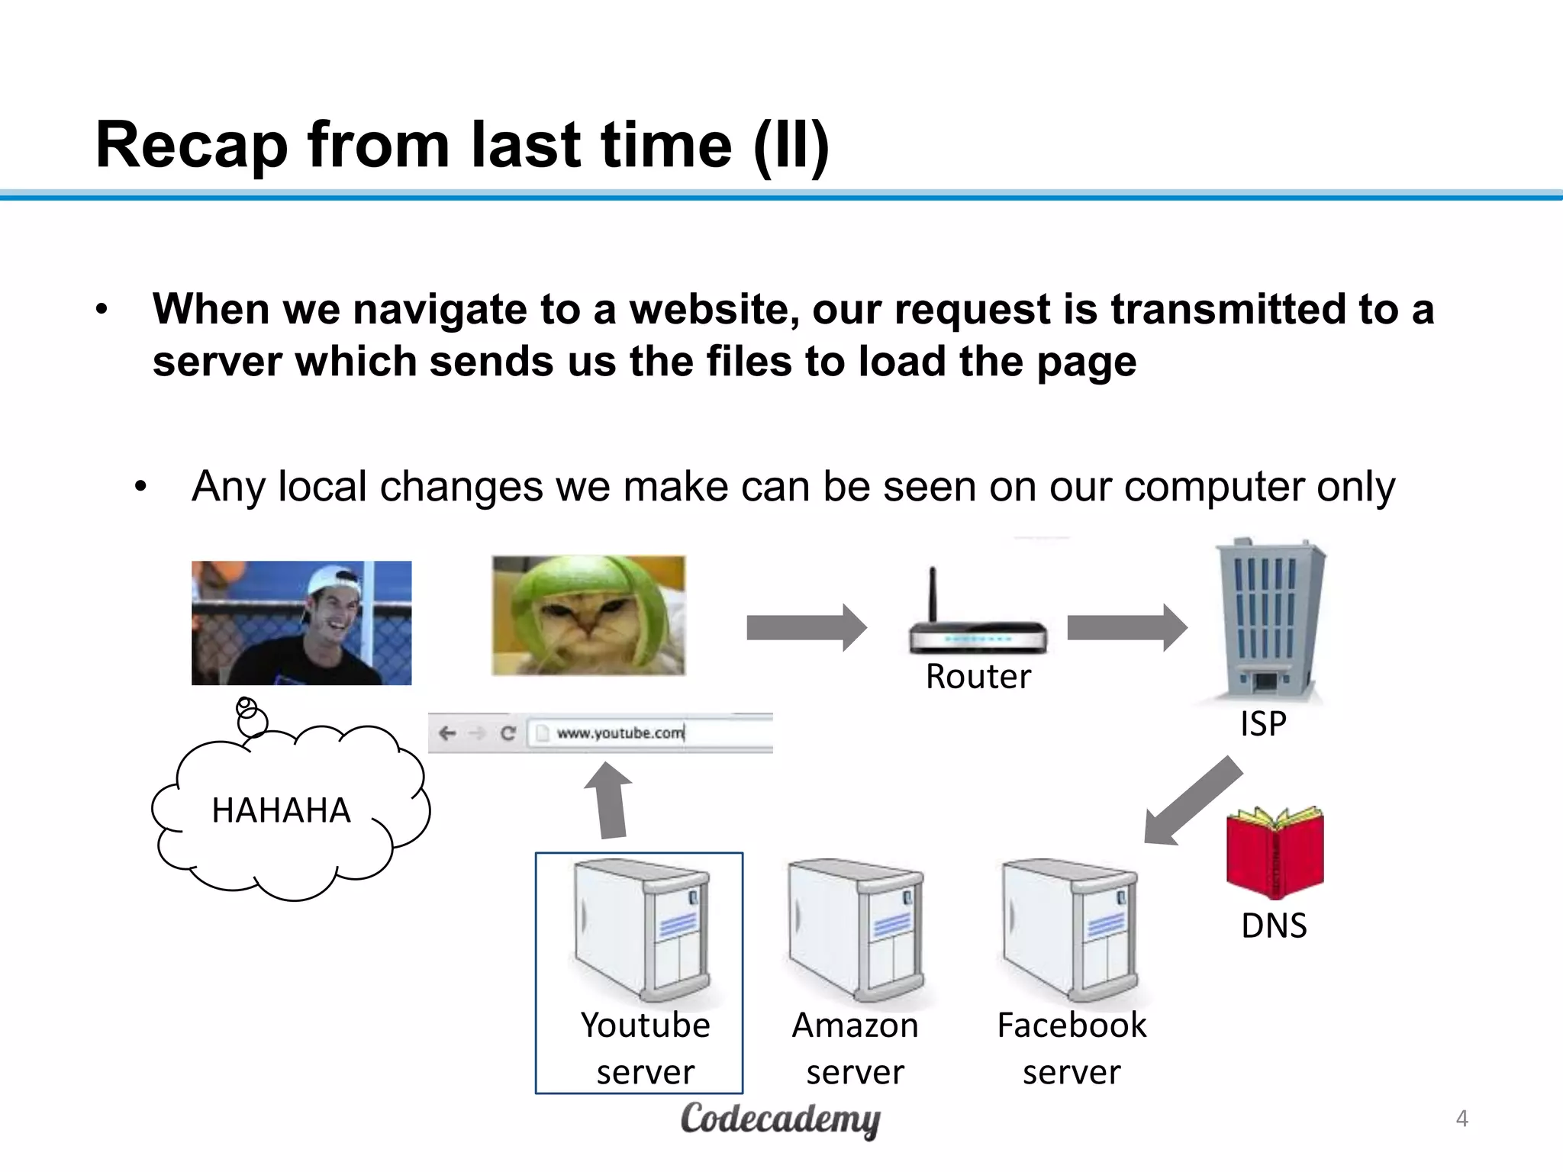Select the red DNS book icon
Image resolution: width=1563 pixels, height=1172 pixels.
coord(1275,852)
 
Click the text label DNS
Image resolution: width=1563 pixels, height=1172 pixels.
coord(1274,926)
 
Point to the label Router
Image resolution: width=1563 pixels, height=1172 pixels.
coord(978,676)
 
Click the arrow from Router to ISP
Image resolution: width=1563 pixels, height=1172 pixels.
coord(1126,627)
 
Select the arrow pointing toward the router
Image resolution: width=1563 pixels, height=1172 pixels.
coord(806,627)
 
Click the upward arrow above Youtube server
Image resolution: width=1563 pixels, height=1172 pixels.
coord(609,801)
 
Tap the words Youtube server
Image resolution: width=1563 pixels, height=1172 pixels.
coord(645,1048)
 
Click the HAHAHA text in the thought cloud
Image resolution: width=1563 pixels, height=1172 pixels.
coord(281,810)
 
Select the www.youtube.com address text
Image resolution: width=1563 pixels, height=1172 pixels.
coord(620,732)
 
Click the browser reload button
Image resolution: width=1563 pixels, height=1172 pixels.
coord(508,733)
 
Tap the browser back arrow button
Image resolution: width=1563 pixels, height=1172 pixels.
coord(447,733)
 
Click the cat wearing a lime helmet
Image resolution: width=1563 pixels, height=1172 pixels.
coord(588,615)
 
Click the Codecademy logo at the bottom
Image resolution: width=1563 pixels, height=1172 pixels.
coord(780,1119)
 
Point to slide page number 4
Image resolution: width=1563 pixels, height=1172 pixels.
coord(1461,1119)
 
